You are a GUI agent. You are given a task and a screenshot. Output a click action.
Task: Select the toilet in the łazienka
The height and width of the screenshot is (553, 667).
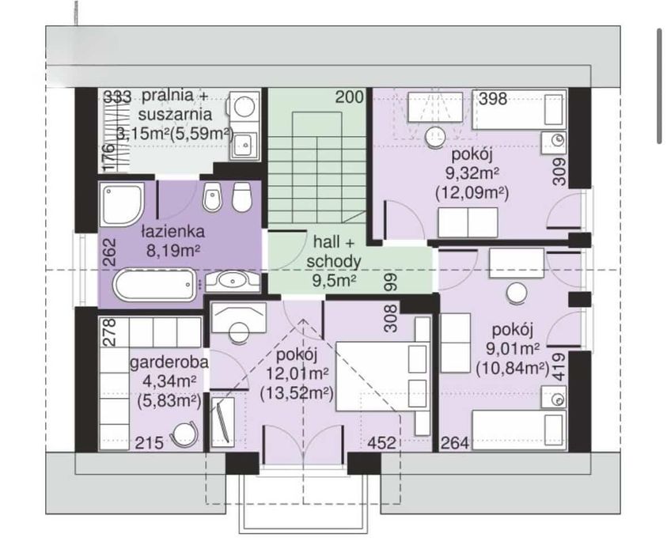click(241, 197)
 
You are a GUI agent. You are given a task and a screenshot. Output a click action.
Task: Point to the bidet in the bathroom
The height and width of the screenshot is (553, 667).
click(212, 198)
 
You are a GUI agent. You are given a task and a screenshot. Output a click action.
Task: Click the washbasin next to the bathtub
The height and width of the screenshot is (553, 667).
click(233, 281)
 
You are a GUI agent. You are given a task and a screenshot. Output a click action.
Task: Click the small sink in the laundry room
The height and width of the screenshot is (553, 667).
click(244, 146)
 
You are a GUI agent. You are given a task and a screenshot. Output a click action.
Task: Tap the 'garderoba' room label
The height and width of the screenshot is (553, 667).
click(169, 363)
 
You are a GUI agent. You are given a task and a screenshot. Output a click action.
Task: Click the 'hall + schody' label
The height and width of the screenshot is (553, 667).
click(334, 252)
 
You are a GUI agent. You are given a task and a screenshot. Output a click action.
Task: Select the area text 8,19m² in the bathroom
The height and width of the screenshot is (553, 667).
click(173, 250)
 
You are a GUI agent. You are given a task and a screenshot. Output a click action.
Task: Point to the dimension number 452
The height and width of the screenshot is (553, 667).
click(381, 443)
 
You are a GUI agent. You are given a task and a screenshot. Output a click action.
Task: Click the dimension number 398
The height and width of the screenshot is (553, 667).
click(494, 99)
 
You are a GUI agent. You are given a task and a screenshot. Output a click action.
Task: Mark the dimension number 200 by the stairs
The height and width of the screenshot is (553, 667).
click(350, 97)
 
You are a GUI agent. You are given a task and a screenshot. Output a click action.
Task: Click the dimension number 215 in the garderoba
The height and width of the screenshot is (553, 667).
click(150, 443)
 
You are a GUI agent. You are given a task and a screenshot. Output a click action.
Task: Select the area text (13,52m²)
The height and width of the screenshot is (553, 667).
click(296, 393)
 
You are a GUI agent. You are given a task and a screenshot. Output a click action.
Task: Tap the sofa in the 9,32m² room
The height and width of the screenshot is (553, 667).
click(468, 222)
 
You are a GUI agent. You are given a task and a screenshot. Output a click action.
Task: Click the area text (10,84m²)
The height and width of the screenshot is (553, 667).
click(513, 368)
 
